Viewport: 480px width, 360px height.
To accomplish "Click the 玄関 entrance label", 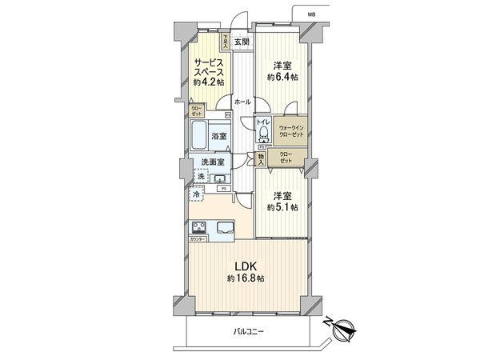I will [241, 42].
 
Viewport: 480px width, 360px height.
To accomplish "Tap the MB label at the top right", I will [309, 14].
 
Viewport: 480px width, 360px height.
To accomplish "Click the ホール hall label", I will [242, 102].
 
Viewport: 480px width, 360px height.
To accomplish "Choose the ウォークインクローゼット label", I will [291, 130].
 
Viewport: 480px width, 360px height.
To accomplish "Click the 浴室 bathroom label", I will [219, 137].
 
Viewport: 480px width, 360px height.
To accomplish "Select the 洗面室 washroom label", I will [214, 164].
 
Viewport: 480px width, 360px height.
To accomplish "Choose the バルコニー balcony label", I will [249, 331].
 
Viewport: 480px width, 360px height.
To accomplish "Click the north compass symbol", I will [344, 326].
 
